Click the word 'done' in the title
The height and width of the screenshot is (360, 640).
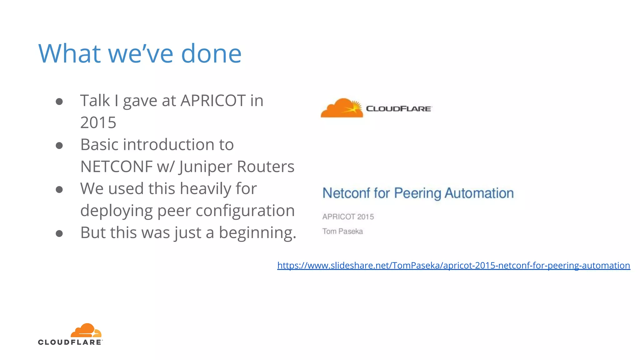click(211, 53)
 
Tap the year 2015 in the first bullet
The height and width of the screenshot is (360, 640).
click(98, 122)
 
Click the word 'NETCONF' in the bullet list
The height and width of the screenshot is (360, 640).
click(116, 167)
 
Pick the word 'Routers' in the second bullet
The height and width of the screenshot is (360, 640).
click(265, 167)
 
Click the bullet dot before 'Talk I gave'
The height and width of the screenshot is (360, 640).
click(59, 101)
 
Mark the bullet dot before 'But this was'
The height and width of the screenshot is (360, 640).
click(59, 233)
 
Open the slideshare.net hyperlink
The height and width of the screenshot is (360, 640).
click(453, 265)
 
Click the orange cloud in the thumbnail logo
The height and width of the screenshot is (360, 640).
click(342, 108)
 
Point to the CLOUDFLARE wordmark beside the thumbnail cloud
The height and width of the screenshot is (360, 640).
click(399, 109)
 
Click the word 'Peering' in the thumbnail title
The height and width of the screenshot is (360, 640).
click(418, 193)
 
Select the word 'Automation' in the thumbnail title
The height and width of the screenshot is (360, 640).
click(479, 193)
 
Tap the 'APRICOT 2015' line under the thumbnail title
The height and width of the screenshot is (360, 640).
click(348, 217)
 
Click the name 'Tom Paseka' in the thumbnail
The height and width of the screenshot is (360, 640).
click(342, 231)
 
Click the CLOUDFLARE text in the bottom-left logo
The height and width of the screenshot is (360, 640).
click(70, 342)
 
